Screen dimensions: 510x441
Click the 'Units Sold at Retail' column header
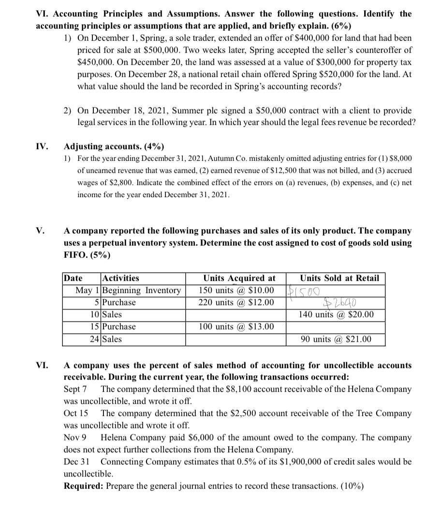pyautogui.click(x=339, y=278)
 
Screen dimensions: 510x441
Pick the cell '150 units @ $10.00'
pyautogui.click(x=236, y=290)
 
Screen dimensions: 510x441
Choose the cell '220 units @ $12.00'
pyautogui.click(x=236, y=302)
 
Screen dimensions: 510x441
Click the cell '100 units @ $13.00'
pyautogui.click(x=236, y=327)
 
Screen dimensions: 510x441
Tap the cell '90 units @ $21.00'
pyautogui.click(x=337, y=339)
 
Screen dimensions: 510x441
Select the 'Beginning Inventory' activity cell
pyautogui.click(x=142, y=290)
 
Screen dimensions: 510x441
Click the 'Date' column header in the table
pyautogui.click(x=73, y=278)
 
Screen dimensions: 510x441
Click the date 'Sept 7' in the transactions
pyautogui.click(x=75, y=389)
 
